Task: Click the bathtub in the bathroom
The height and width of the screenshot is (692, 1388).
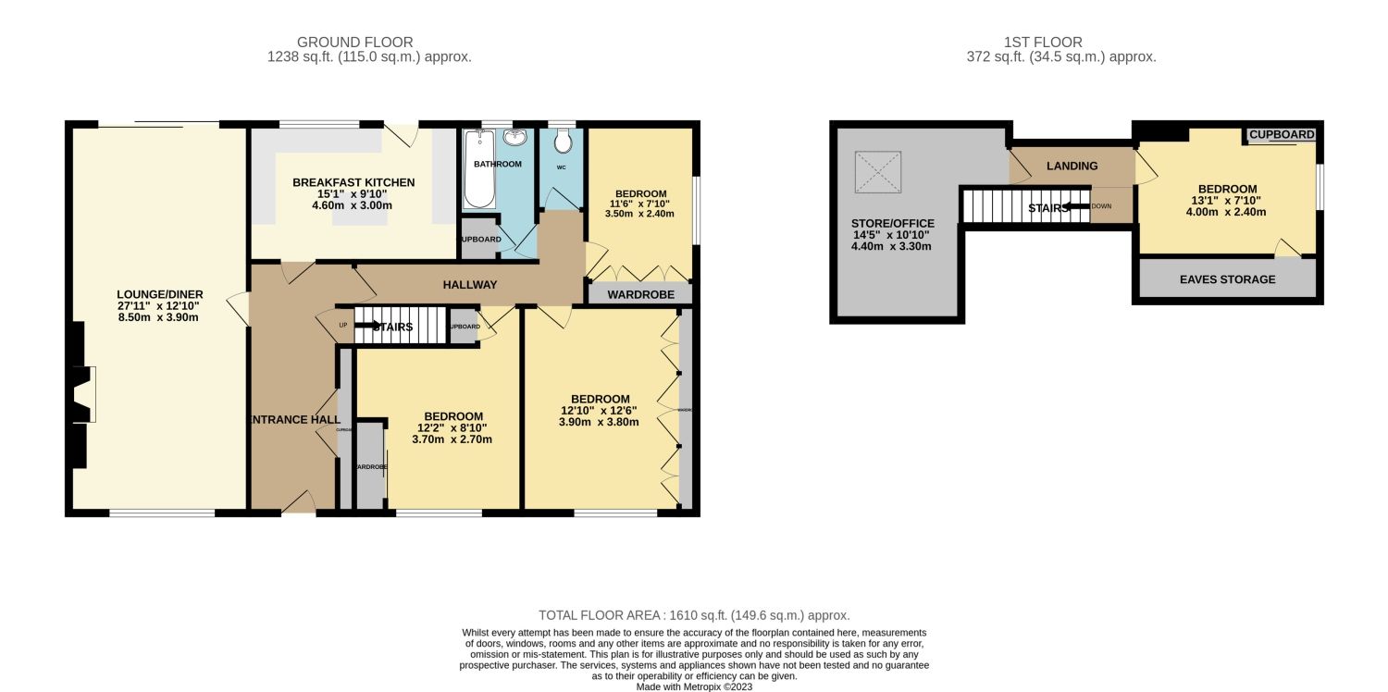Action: [x=478, y=168]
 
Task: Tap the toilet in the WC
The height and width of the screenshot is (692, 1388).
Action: [x=562, y=142]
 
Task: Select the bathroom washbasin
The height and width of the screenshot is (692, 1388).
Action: [x=515, y=139]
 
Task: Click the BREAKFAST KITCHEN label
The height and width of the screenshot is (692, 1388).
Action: [x=353, y=182]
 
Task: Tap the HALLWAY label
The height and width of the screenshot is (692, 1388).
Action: [x=471, y=285]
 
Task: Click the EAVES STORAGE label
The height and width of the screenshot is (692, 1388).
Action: [x=1227, y=279]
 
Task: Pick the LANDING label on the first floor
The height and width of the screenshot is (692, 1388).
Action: [x=1072, y=167]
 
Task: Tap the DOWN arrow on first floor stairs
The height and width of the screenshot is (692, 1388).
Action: [x=1075, y=207]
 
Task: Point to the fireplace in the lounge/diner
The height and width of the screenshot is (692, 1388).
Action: [x=81, y=395]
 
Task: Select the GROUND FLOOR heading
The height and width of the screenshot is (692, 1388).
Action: [x=354, y=42]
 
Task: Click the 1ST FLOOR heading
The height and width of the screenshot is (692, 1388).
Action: [x=1043, y=42]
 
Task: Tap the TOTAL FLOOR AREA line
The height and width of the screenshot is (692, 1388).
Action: [x=694, y=615]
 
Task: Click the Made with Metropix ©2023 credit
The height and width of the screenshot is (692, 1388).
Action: [x=694, y=687]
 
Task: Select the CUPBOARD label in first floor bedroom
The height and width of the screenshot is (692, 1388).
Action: [x=1282, y=135]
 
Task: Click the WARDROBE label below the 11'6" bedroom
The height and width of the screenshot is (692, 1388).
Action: [x=639, y=295]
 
